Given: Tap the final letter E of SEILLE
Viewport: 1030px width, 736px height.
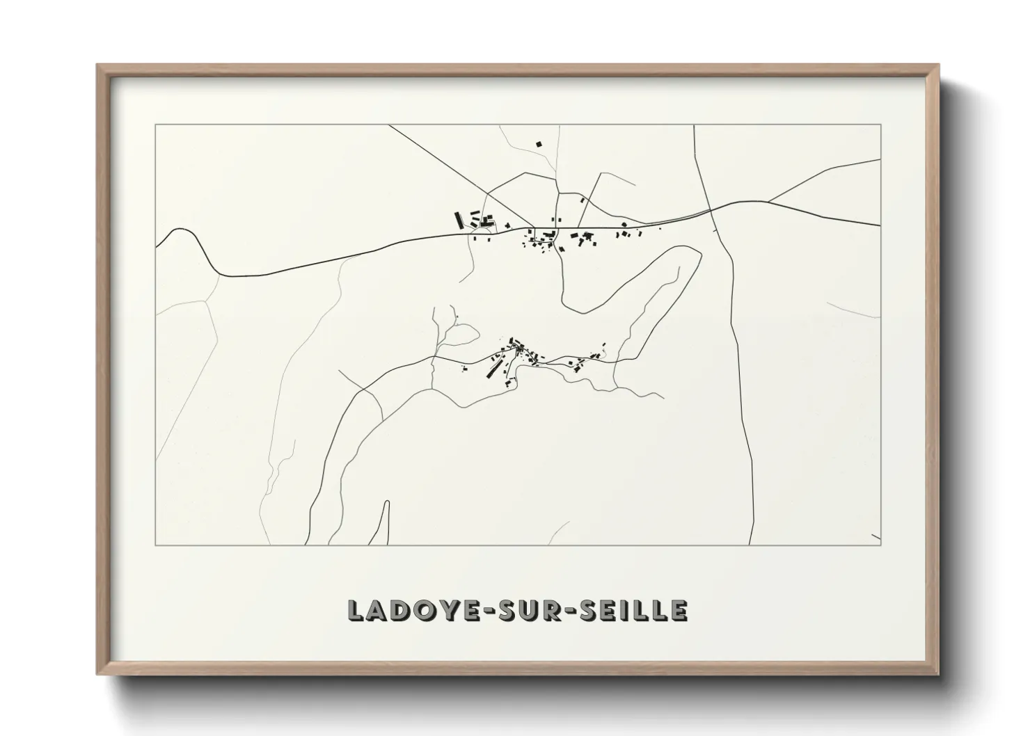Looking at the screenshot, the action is (x=680, y=610).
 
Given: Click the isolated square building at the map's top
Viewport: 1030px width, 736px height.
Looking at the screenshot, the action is (x=538, y=145).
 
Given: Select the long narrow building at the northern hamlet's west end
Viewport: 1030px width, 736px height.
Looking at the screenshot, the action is (x=459, y=220).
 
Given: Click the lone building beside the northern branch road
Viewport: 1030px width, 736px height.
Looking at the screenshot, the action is (x=582, y=200).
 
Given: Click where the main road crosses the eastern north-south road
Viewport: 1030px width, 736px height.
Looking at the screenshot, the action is (x=709, y=209).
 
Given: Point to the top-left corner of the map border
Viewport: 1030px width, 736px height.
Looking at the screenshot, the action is (x=156, y=125).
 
